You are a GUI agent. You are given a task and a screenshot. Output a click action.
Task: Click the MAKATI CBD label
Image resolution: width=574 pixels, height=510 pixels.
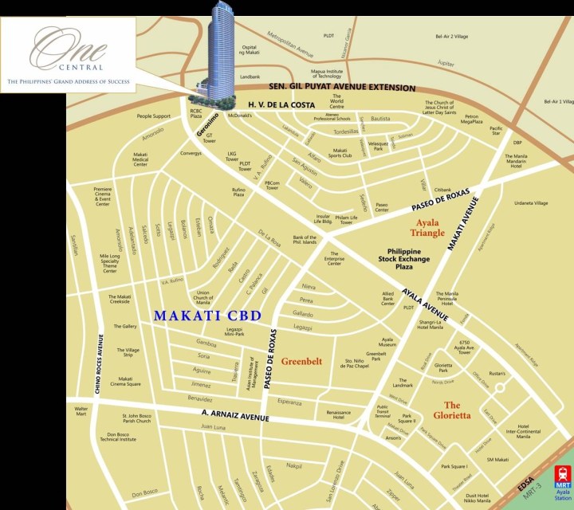click(x=207, y=316)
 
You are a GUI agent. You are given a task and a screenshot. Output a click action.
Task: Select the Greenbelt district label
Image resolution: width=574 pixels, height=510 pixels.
click(x=302, y=361)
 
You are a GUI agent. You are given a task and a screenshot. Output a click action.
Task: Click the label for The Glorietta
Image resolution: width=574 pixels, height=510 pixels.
click(x=463, y=410)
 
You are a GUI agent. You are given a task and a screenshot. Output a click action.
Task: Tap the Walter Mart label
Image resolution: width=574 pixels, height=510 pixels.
click(x=80, y=411)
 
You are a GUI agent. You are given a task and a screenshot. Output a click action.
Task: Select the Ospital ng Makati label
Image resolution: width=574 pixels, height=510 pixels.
click(x=230, y=51)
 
